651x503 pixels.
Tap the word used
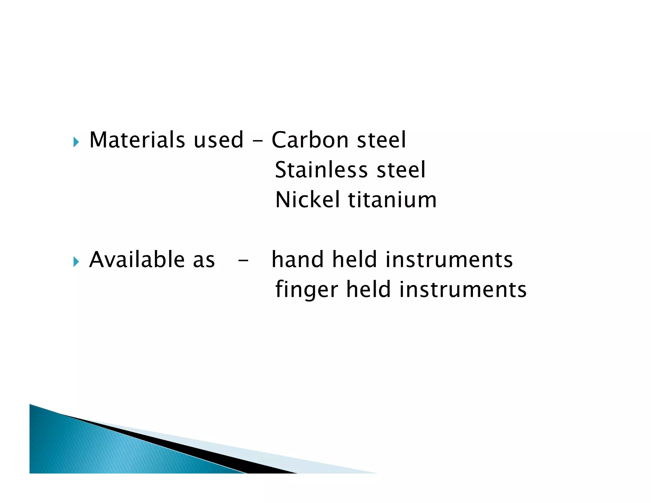click(218, 140)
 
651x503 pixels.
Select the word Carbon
click(310, 140)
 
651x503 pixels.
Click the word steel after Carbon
click(381, 140)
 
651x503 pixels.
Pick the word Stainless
click(321, 170)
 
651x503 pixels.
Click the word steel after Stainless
click(401, 170)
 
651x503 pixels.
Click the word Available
click(137, 259)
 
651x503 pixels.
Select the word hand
click(298, 259)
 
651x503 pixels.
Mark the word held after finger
click(368, 289)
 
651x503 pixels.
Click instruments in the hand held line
click(449, 259)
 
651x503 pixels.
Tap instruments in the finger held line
click(463, 289)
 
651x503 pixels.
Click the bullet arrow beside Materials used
click(76, 142)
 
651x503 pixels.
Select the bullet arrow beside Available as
click(76, 262)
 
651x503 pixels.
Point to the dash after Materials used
click(257, 141)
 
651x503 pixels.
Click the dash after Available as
click(243, 261)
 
